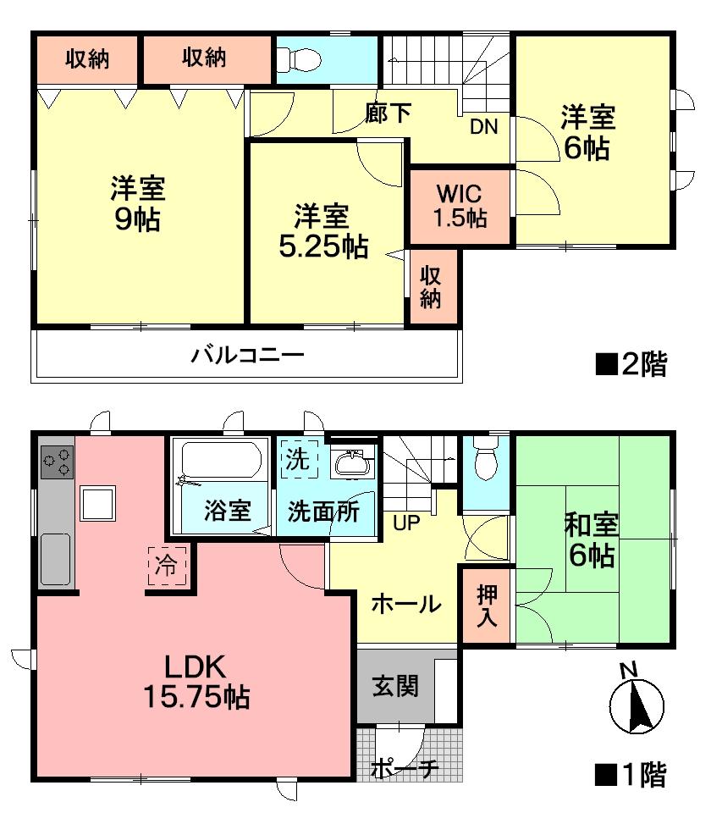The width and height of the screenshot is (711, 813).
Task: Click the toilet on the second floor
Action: click(x=297, y=58)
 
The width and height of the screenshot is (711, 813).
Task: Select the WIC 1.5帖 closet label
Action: click(x=460, y=206)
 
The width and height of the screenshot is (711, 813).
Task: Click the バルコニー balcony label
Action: click(x=246, y=355)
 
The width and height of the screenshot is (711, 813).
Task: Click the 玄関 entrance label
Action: click(x=395, y=684)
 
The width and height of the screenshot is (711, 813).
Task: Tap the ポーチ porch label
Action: click(x=405, y=769)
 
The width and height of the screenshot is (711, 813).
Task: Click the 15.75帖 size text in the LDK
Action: click(x=194, y=697)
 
